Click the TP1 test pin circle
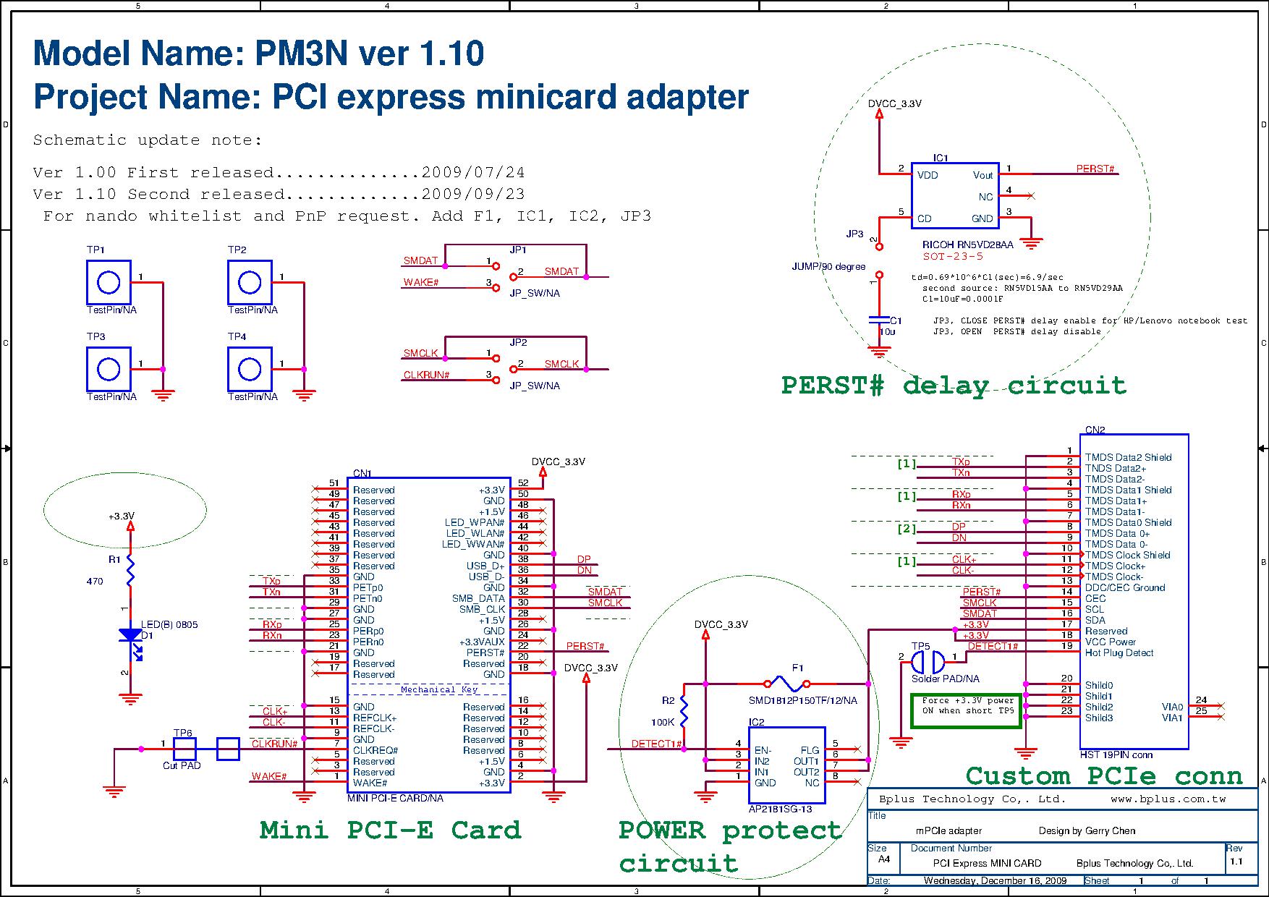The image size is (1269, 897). pos(109,282)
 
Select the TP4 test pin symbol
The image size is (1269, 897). pos(250,369)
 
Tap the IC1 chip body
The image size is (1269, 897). pos(955,196)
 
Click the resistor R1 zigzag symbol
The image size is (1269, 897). pos(130,570)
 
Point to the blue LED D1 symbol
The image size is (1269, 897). pos(130,637)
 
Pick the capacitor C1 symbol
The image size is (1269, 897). pos(879,320)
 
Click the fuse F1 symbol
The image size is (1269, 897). pos(786,683)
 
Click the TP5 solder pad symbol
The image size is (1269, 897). pos(928,660)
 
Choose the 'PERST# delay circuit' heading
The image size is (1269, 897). pos(954,385)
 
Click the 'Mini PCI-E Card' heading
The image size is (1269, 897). pos(390,830)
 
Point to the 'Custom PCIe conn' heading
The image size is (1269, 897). pos(1103,776)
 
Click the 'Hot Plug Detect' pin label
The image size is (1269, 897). pos(1119,653)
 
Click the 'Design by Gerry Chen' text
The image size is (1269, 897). pos(1087,831)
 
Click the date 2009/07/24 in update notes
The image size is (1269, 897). pos(473,173)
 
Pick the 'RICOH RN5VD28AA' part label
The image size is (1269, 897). pos(967,245)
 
